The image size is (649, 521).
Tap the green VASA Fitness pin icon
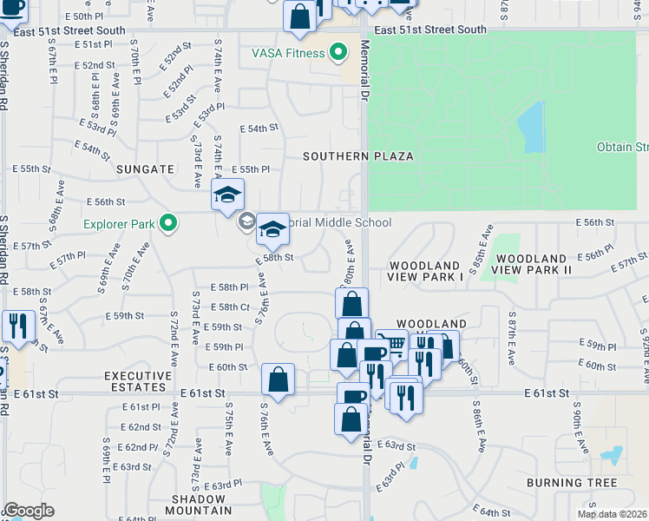coord(335,53)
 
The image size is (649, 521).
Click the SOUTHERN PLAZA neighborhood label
coord(357,156)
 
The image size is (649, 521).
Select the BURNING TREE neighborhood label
coord(571,483)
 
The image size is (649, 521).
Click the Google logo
coord(29,511)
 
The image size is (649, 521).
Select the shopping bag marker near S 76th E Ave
coord(278,379)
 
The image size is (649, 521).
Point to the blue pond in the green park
coord(530,127)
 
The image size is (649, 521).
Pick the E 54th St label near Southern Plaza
coord(262,128)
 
